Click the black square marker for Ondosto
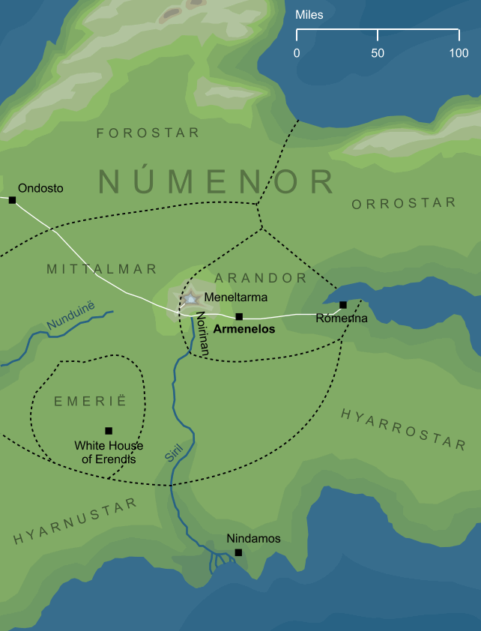coord(12,200)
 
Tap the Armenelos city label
coord(244,328)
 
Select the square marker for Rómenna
coord(343,305)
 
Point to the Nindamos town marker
coord(238,552)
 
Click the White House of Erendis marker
coord(109,431)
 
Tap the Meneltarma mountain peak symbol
coord(190,298)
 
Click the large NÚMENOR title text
coord(217,182)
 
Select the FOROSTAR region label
coord(148,133)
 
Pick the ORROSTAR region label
coord(403,203)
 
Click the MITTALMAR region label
coord(101,268)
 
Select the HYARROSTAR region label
coord(403,429)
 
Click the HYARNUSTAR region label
coord(75,521)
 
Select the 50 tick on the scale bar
coord(378,34)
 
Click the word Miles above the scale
coord(309,14)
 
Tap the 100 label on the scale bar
coord(459,53)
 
